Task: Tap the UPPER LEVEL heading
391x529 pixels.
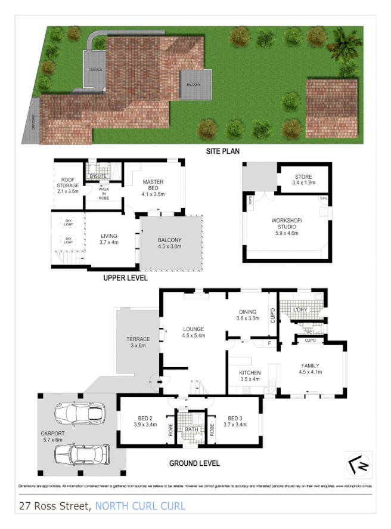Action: [125, 278]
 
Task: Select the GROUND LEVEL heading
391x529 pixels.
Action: [194, 463]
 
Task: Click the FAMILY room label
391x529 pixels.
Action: [310, 369]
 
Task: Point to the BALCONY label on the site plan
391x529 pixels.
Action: [194, 85]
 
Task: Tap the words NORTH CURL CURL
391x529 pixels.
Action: [141, 507]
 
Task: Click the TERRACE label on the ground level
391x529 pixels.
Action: [138, 342]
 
